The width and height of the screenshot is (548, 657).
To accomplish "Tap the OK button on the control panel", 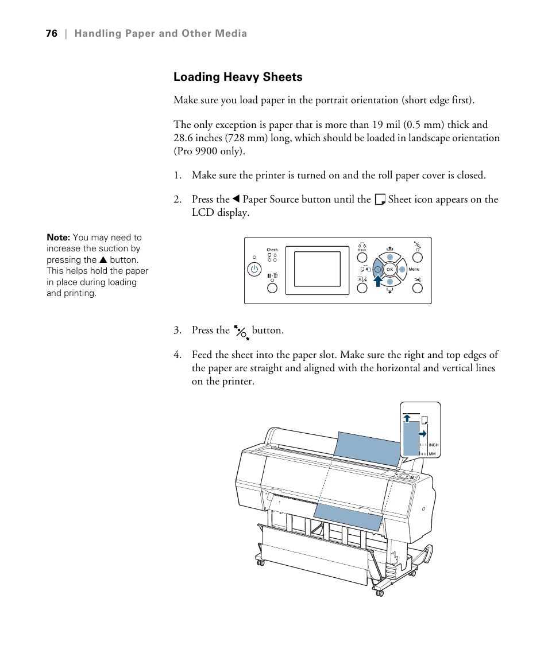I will (389, 269).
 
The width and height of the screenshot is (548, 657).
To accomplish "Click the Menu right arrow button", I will (402, 269).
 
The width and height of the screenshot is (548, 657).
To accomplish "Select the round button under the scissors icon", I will (418, 290).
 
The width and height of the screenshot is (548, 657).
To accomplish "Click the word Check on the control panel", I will (272, 250).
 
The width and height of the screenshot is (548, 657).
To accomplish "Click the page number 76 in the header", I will (52, 33).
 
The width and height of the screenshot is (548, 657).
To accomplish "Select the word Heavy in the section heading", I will (238, 77).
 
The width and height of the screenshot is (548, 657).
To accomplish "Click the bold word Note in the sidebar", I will (57, 238).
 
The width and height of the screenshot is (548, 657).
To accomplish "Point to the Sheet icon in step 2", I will (379, 200).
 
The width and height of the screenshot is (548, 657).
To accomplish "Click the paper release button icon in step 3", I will (241, 331).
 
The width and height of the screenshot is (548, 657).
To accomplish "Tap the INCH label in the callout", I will (434, 445).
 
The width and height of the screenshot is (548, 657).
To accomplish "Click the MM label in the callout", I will (433, 454).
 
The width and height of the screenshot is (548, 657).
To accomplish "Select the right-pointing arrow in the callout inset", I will (423, 433).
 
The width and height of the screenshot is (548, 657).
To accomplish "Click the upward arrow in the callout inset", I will (407, 418).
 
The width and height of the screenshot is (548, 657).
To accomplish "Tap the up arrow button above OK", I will (389, 256).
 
